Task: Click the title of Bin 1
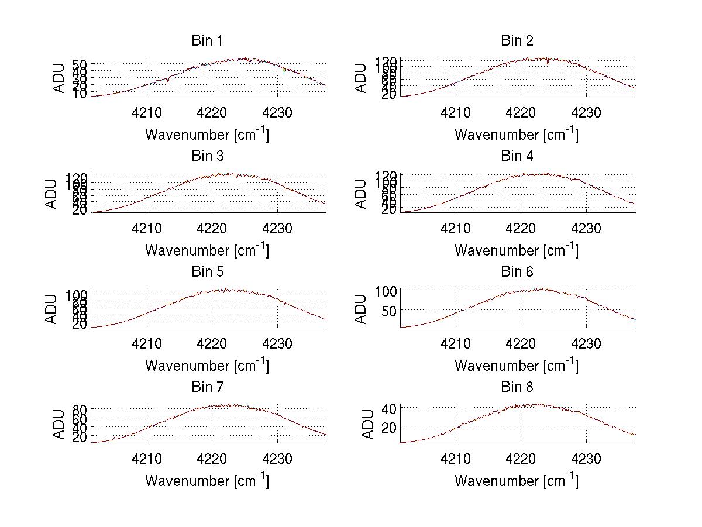click(x=207, y=41)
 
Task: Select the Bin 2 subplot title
click(x=517, y=41)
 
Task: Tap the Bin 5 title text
click(x=207, y=272)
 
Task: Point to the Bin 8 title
click(x=517, y=387)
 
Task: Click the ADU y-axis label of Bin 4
click(x=361, y=194)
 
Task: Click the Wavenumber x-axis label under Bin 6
click(x=517, y=366)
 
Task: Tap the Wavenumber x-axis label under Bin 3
click(x=207, y=250)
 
